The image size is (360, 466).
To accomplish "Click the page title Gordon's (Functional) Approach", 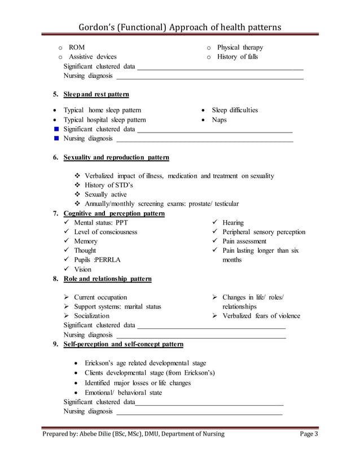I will pyautogui.click(x=179, y=28).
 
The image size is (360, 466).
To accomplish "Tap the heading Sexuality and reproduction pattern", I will pyautogui.click(x=116, y=157).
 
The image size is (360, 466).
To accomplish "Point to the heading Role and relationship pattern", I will pyautogui.click(x=107, y=279).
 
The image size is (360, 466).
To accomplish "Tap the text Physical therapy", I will pyautogui.click(x=240, y=47).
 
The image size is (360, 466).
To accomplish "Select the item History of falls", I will pyautogui.click(x=237, y=57).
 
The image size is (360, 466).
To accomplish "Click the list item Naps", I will pyautogui.click(x=219, y=120).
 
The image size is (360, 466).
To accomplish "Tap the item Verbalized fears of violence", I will pyautogui.click(x=261, y=316).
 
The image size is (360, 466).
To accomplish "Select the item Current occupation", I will pyautogui.click(x=100, y=297).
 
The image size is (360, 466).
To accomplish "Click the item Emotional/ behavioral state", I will pyautogui.click(x=123, y=392).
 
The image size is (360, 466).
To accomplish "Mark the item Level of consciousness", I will pyautogui.click(x=106, y=232).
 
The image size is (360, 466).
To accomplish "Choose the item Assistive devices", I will pyautogui.click(x=93, y=57).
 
